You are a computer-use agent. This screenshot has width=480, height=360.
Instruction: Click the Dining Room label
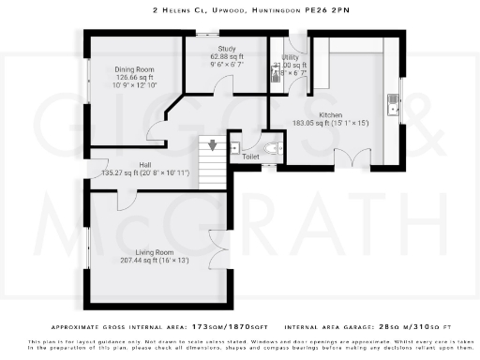(133, 67)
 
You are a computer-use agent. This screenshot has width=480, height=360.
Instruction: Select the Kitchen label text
(331, 114)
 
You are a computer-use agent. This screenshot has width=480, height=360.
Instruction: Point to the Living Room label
(155, 252)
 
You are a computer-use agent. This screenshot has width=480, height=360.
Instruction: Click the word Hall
(146, 165)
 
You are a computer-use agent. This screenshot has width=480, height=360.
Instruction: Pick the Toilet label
(250, 157)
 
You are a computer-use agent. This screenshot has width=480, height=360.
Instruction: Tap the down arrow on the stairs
(214, 144)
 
